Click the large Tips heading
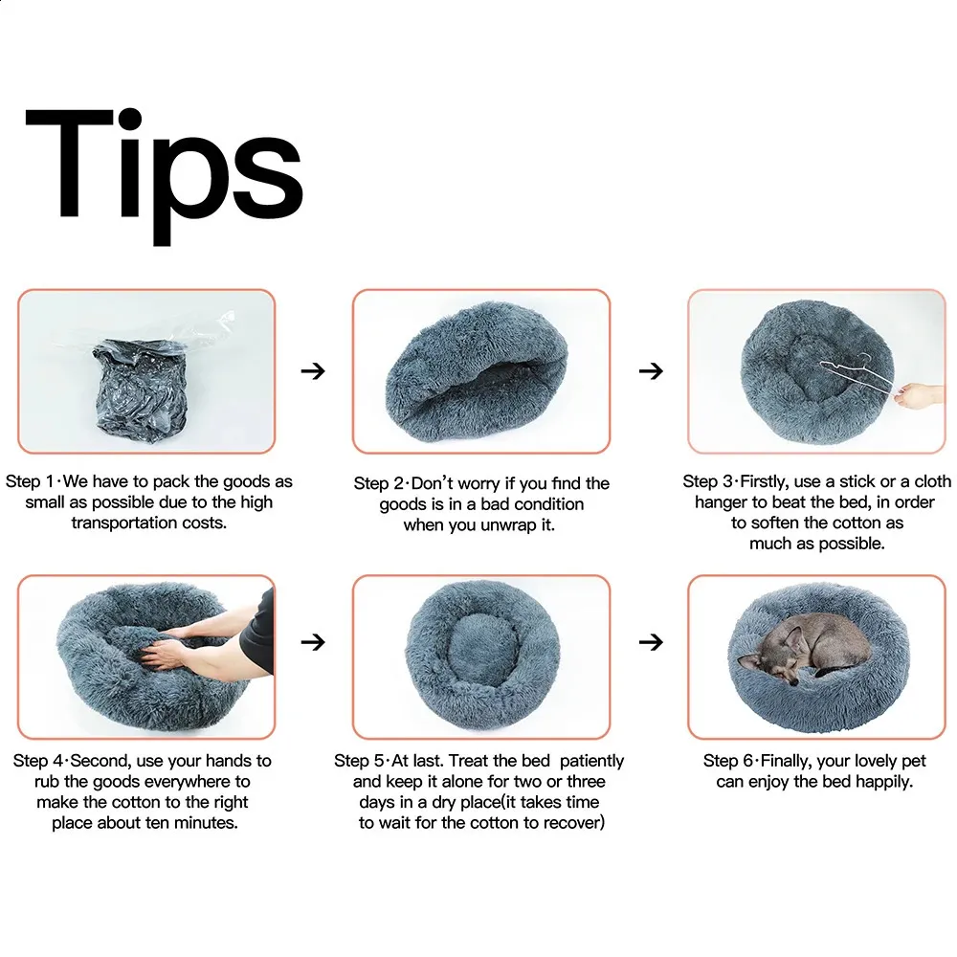[164, 176]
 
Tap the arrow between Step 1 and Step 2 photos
[313, 370]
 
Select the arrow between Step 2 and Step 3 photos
[651, 370]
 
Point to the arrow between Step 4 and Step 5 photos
[313, 641]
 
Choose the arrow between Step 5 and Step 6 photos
[651, 641]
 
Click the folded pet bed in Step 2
[478, 371]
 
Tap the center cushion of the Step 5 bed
[483, 648]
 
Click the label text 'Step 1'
[30, 481]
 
